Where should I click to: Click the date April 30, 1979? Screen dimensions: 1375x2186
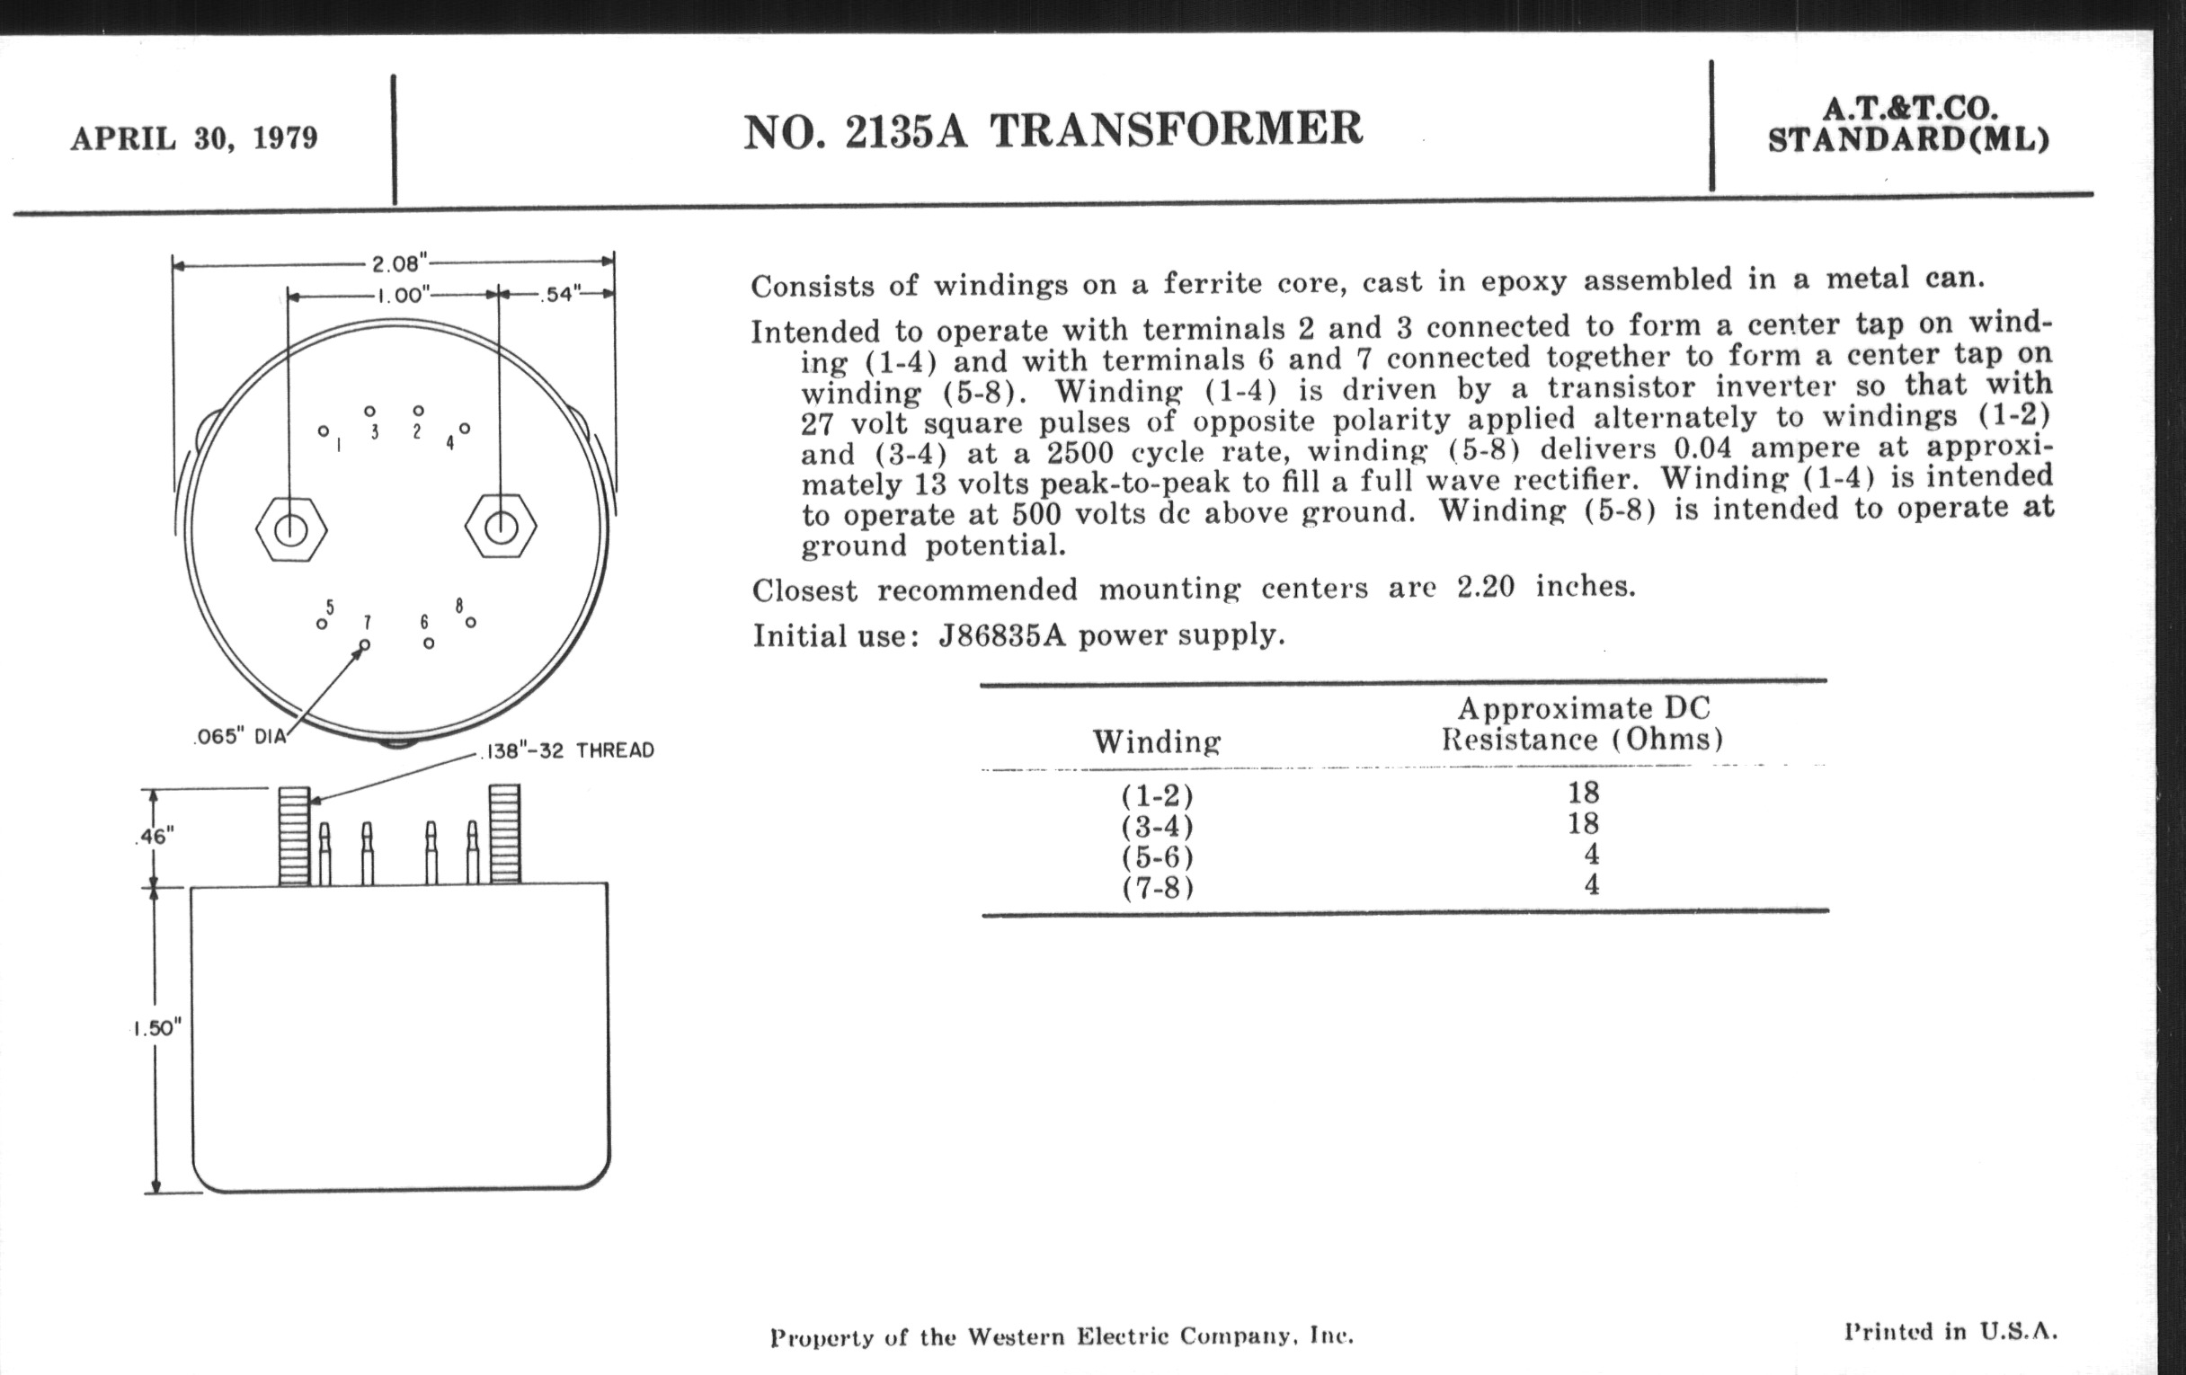pyautogui.click(x=194, y=139)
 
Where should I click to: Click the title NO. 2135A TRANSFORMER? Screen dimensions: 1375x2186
pyautogui.click(x=1053, y=130)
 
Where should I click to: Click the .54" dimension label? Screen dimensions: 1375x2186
pyautogui.click(x=559, y=295)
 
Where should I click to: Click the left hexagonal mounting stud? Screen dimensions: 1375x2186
pyautogui.click(x=290, y=529)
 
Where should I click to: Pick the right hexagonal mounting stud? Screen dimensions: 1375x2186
pyautogui.click(x=500, y=528)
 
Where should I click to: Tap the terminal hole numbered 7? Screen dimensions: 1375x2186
pyautogui.click(x=365, y=644)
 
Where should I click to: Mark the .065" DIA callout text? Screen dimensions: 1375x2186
pyautogui.click(x=241, y=737)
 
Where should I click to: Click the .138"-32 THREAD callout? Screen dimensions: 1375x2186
pyautogui.click(x=566, y=750)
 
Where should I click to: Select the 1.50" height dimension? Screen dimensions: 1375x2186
pyautogui.click(x=157, y=1028)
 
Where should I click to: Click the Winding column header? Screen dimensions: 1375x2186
pyautogui.click(x=1157, y=741)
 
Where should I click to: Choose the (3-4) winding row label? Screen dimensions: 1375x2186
pyautogui.click(x=1158, y=827)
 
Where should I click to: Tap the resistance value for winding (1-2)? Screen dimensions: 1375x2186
pyautogui.click(x=1583, y=793)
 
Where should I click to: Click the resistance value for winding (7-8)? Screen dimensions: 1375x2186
pyautogui.click(x=1590, y=884)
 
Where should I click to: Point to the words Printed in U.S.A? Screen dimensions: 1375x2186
pyautogui.click(x=1951, y=1332)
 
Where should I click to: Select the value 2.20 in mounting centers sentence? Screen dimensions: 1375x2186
pyautogui.click(x=1486, y=587)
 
